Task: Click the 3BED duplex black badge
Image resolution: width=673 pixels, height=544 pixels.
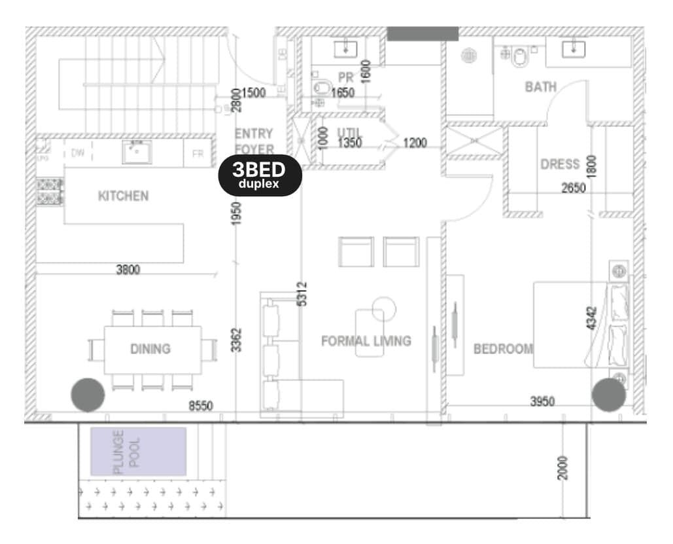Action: click(x=260, y=175)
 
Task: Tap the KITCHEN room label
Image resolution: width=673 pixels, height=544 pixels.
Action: click(x=123, y=196)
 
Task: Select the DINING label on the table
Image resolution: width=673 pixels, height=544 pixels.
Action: click(x=150, y=349)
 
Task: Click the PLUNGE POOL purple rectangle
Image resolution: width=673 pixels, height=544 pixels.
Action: click(x=138, y=451)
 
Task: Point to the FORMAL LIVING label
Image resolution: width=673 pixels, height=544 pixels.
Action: click(x=366, y=341)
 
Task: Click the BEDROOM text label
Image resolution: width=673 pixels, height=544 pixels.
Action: click(x=503, y=349)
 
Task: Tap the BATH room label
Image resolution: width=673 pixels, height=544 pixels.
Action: click(x=541, y=86)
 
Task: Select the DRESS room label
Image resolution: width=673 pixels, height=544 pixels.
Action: click(x=560, y=164)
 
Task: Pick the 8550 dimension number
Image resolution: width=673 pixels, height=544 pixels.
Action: click(x=201, y=406)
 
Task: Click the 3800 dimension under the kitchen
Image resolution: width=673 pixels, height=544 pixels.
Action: click(x=128, y=269)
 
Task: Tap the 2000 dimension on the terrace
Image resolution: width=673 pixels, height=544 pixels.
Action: click(x=563, y=467)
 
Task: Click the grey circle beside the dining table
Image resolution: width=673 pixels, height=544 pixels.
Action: click(x=88, y=395)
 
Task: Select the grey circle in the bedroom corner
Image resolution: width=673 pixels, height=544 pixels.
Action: click(x=609, y=395)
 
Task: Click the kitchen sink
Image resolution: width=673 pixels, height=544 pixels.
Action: click(x=136, y=151)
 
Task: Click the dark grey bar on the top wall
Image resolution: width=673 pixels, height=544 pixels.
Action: click(x=423, y=34)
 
